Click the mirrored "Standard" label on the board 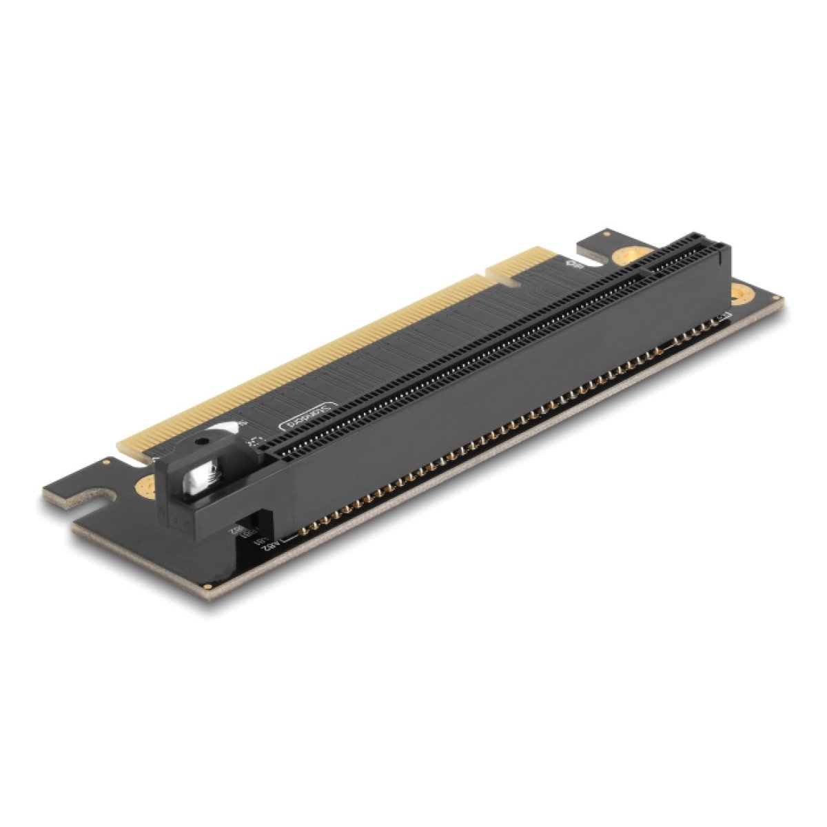point(308,417)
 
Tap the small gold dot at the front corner point(206,586)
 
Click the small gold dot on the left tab point(107,464)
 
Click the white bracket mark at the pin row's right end point(723,317)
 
